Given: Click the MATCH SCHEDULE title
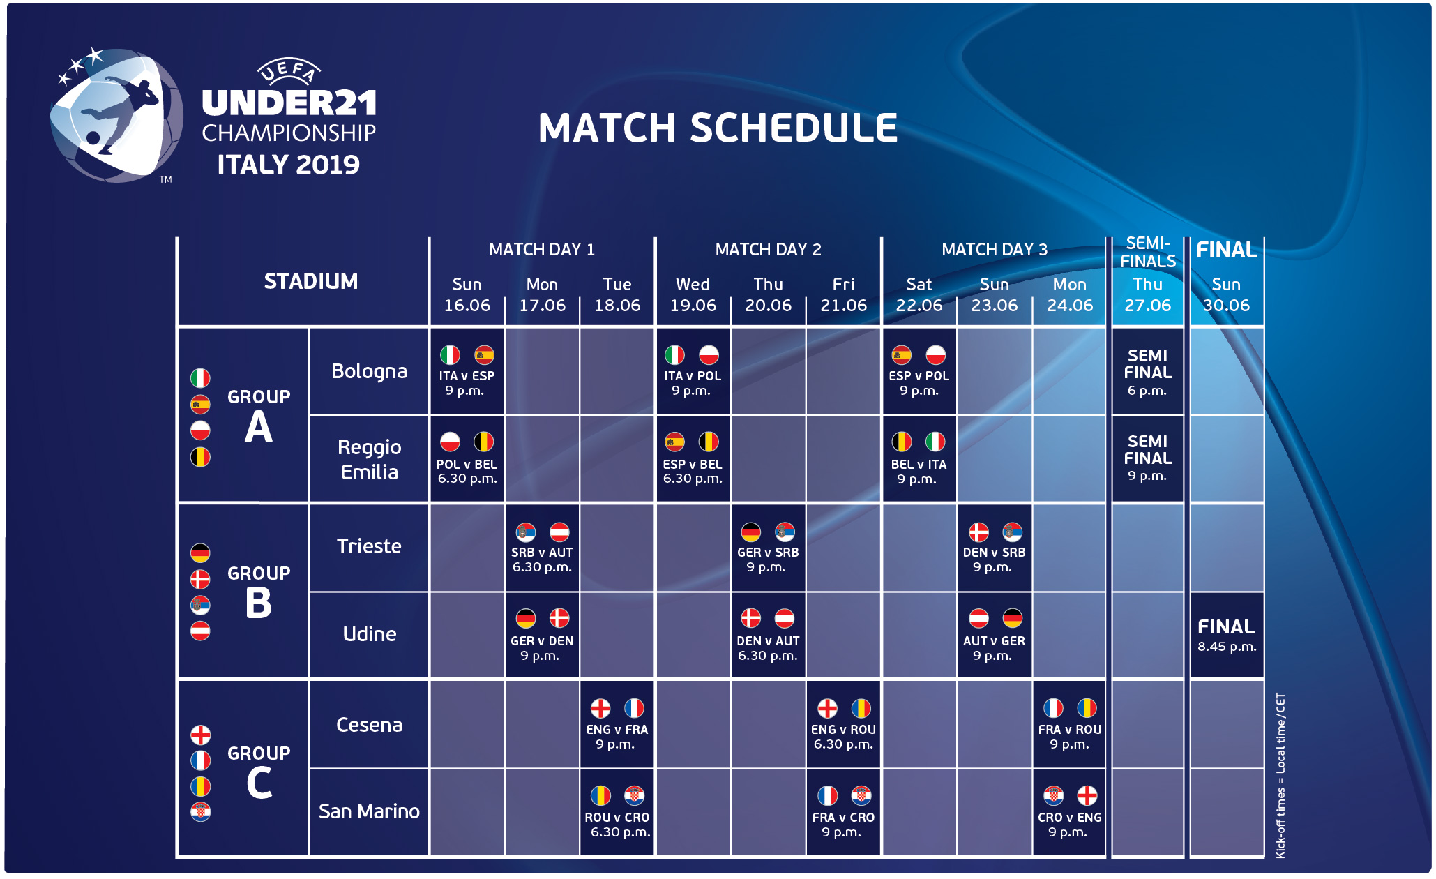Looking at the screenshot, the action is tap(718, 128).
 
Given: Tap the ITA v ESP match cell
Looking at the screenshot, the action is tap(467, 371).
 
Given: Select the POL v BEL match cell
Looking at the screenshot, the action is tap(467, 459).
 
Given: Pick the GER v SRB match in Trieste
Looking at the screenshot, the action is tap(768, 548).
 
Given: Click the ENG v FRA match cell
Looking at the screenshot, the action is tap(617, 724).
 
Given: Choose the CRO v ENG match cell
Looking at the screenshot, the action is tap(1069, 813).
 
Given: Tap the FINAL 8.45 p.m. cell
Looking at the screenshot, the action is tap(1227, 635).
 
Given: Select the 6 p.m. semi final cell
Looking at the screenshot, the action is tap(1148, 371).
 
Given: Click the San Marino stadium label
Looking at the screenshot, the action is tap(369, 811).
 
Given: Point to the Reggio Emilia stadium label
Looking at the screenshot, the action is tap(370, 459).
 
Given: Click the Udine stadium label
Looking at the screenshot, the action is tap(370, 633).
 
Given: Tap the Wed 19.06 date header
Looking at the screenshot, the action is tap(693, 294).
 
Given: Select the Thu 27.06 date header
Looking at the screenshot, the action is tap(1148, 294).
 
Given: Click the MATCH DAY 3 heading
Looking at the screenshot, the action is tap(995, 249).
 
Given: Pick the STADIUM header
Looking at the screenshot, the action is tap(310, 281).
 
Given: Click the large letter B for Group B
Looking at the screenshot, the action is tap(259, 603).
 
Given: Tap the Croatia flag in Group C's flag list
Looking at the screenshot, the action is tap(201, 811).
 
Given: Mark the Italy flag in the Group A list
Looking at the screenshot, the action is tap(200, 378).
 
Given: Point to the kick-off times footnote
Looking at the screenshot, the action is tap(1280, 775).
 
